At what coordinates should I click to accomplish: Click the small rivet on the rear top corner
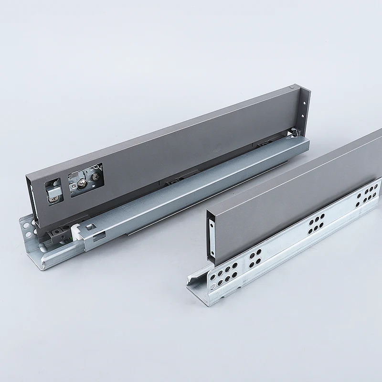[292, 87]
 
